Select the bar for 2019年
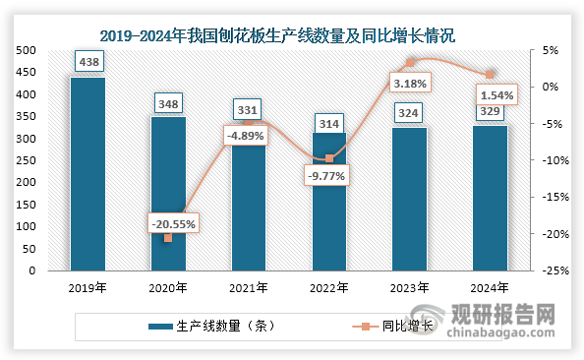pyautogui.click(x=88, y=173)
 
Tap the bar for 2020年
pyautogui.click(x=168, y=193)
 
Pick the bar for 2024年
pyautogui.click(x=490, y=197)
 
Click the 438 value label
pyautogui.click(x=88, y=62)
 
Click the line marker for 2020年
pyautogui.click(x=168, y=238)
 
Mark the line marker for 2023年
pyautogui.click(x=410, y=63)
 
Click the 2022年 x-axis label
pyautogui.click(x=328, y=288)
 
